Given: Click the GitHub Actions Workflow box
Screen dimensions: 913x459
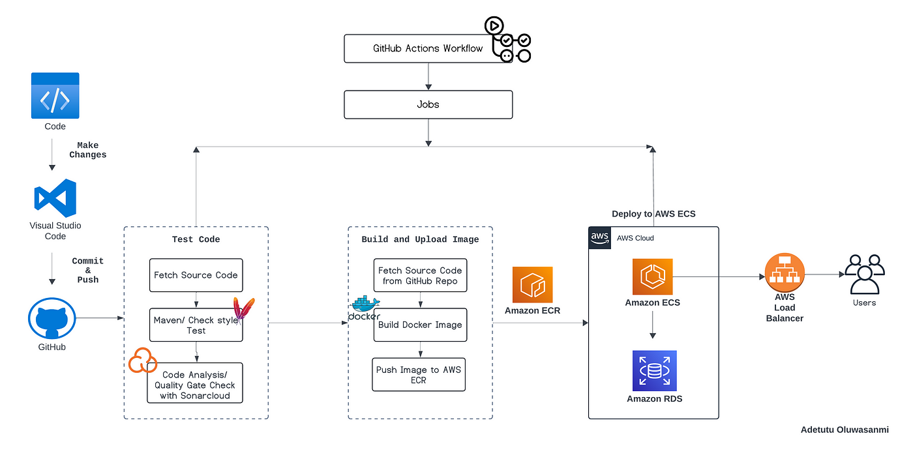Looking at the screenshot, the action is (428, 48).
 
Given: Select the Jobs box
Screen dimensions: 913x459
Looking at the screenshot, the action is (428, 105).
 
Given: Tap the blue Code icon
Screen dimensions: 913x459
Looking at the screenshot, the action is (55, 96).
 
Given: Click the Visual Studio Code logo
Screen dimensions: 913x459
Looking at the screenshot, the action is (55, 198).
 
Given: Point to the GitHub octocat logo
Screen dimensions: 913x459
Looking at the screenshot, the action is (52, 318).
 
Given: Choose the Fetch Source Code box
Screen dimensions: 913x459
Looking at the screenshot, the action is (196, 275).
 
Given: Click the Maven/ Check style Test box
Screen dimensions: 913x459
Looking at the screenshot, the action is (196, 325).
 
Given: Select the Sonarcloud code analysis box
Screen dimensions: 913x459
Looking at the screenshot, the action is (195, 383).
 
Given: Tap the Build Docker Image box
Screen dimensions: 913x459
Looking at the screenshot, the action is (420, 325).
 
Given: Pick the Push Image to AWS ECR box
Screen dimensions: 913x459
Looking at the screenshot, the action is (419, 375).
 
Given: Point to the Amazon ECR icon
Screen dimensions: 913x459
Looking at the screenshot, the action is (532, 284).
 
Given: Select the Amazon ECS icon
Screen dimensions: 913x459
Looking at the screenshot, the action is (653, 276).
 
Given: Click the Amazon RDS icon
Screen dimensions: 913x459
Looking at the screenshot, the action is (655, 370).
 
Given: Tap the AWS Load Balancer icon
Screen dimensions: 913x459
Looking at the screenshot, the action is (785, 273).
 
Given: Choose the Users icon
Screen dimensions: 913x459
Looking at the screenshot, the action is (865, 274).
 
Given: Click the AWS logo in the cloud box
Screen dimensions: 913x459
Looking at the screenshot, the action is (599, 238).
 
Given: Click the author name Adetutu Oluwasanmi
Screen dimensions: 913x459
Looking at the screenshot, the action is (845, 430).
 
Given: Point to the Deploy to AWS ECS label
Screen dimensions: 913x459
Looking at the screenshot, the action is (653, 214).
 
